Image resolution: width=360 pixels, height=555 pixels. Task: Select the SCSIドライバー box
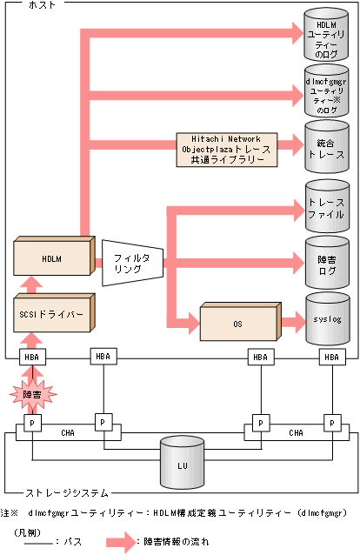pos(50,315)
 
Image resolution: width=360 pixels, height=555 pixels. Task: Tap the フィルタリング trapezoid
pos(130,264)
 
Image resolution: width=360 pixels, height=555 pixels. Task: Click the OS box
pos(237,323)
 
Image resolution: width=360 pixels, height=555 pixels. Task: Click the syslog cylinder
pos(328,319)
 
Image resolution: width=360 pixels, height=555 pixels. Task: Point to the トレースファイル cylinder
pos(328,205)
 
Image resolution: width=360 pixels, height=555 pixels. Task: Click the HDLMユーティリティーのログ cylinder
pos(328,35)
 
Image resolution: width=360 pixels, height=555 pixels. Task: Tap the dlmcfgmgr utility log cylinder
pos(328,90)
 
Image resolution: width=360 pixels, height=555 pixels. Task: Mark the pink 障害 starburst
pos(33,393)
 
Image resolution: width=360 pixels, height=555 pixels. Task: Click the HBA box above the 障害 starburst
pos(33,357)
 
